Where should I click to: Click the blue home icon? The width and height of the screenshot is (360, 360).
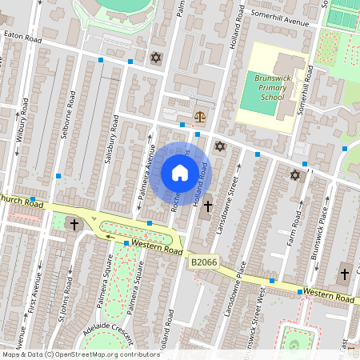click(x=180, y=173)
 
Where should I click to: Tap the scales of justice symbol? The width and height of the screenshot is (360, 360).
click(x=199, y=117)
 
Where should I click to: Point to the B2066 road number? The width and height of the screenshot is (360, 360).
click(x=203, y=261)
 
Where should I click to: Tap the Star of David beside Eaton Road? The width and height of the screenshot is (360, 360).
click(x=155, y=58)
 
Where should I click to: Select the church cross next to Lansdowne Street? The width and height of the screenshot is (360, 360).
click(x=207, y=206)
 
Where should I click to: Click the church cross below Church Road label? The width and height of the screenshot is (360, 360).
click(x=73, y=225)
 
